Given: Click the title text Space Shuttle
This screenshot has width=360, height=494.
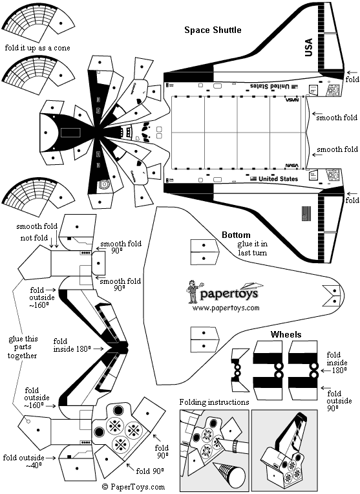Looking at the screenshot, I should pos(213,30).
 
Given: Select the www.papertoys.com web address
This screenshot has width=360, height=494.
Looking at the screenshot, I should pos(226,308).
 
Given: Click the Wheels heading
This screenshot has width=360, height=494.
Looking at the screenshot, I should pos(286,334).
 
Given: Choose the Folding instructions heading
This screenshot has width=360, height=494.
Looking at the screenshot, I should pos(214,402).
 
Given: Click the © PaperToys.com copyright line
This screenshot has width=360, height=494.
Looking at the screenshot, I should pos(132,486).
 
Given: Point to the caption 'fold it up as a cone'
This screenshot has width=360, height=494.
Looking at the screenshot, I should pos(36,48).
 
